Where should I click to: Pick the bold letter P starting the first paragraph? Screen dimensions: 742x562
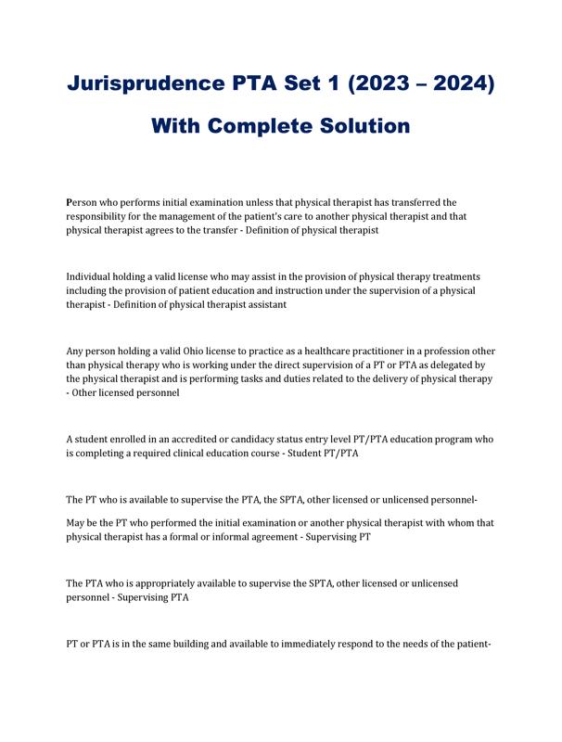point(70,201)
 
